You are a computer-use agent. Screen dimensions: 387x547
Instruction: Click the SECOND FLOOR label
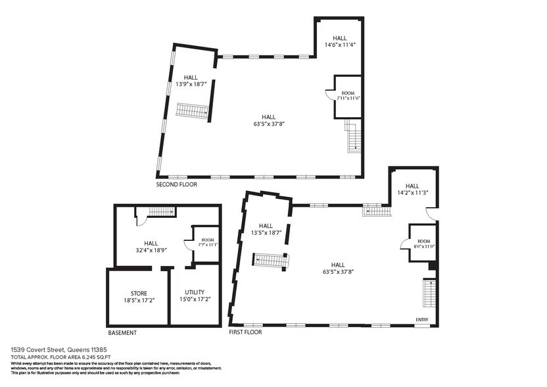point(176,185)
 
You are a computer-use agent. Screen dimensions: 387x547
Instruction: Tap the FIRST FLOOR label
point(245,332)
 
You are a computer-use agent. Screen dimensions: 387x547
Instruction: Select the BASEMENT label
point(122,332)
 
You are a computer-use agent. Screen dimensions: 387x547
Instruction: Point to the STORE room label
point(139,293)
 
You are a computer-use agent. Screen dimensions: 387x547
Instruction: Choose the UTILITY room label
point(195,292)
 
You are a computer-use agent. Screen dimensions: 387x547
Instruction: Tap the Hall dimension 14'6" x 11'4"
point(340,45)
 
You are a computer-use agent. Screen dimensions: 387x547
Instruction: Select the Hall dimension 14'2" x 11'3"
point(412,193)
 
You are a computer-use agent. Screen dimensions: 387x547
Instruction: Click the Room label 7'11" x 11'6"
point(348,98)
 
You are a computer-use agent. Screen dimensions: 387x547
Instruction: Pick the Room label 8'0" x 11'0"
point(423,245)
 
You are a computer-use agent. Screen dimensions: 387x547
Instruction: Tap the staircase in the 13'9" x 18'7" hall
point(193,110)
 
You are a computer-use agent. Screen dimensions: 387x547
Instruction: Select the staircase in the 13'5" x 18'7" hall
point(272,261)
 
